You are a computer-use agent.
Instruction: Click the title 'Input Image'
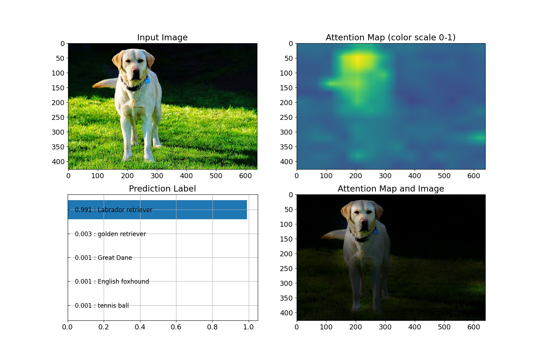pos(162,37)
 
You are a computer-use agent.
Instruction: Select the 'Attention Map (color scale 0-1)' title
pos(391,37)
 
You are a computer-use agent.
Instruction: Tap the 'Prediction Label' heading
pos(162,189)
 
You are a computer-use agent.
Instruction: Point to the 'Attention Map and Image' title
pos(391,189)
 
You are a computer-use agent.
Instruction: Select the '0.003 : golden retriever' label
pos(110,234)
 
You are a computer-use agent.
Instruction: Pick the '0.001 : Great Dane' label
pos(103,258)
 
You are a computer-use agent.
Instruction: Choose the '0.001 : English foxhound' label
pos(112,282)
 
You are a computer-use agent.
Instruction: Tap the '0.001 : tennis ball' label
pos(102,306)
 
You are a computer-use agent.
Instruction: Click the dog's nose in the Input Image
pos(136,70)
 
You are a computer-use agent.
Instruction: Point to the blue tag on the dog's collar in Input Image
pos(148,81)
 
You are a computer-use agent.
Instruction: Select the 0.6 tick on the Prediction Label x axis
pos(176,327)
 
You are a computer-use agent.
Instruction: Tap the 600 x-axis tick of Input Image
pos(246,176)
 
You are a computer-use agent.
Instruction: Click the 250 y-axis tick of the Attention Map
pos(287,117)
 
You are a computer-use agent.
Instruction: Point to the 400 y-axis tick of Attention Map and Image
pos(287,313)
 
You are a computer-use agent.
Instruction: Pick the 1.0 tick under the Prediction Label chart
pos(248,327)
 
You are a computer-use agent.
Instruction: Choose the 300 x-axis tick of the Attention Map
pos(385,176)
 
